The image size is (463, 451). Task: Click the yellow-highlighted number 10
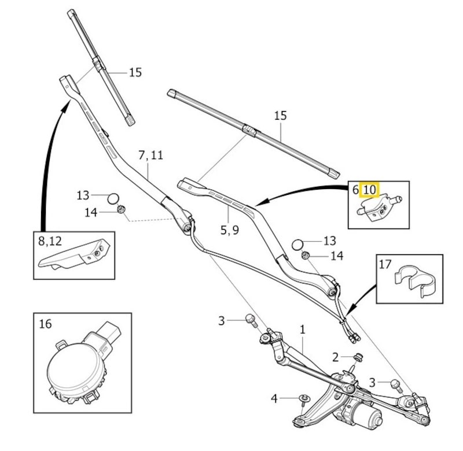tap(369, 190)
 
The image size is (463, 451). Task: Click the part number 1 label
tap(302, 329)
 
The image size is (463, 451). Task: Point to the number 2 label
tap(335, 356)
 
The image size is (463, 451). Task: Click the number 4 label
tap(275, 398)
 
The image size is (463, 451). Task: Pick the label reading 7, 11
tap(150, 155)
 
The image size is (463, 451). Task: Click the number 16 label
tap(46, 323)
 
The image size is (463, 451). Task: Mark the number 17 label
tap(385, 264)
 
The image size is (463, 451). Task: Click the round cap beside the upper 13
tap(113, 198)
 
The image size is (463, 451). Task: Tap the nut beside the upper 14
tap(121, 210)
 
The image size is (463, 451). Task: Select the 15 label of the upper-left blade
tap(135, 73)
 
